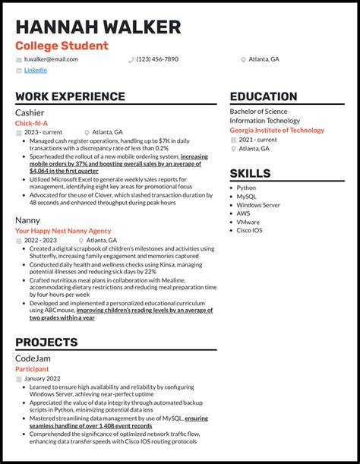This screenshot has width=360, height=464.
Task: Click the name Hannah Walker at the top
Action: coord(98,27)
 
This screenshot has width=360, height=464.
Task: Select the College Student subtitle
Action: coord(62,46)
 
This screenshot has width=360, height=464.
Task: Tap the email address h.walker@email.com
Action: coord(51,59)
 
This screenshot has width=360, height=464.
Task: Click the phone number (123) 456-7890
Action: coord(157,59)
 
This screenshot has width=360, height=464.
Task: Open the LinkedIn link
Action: coord(36,70)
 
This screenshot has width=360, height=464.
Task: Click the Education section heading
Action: coord(264,96)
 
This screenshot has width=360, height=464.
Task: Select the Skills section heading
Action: coord(250,174)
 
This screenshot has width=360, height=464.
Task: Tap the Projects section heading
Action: coord(46,342)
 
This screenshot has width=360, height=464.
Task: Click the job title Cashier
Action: coord(30,112)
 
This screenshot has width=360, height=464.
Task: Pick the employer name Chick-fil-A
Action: coord(31,122)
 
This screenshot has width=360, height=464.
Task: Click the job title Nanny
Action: coord(28,220)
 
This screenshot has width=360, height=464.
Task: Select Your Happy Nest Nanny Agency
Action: coord(63,231)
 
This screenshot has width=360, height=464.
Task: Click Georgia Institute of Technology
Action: coord(277,130)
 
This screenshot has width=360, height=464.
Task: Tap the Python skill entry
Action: coord(246,188)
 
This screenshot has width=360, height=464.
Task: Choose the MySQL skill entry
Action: coord(246,196)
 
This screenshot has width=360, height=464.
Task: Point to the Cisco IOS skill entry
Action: coord(250,230)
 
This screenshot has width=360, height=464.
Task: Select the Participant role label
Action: coord(33,368)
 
